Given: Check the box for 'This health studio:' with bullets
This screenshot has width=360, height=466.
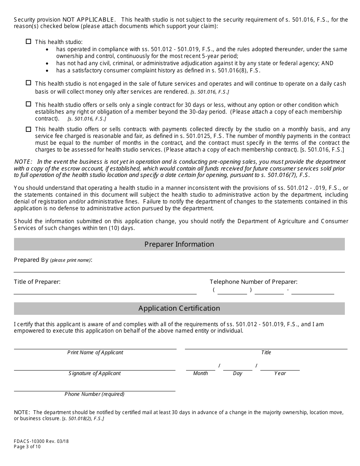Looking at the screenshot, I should click(x=28, y=42).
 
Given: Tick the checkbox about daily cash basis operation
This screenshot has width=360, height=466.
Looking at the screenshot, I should click(x=28, y=83).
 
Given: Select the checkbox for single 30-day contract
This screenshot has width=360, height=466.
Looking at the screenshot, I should click(x=28, y=104).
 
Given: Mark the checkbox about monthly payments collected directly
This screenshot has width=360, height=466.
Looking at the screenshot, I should click(x=28, y=129).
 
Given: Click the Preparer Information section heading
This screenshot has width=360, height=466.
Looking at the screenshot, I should click(x=179, y=244).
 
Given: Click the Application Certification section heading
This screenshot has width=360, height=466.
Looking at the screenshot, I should click(x=179, y=308).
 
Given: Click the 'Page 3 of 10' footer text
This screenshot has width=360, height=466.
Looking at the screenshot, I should click(x=27, y=447).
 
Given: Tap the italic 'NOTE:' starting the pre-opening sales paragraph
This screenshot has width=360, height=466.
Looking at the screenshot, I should click(x=22, y=162).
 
